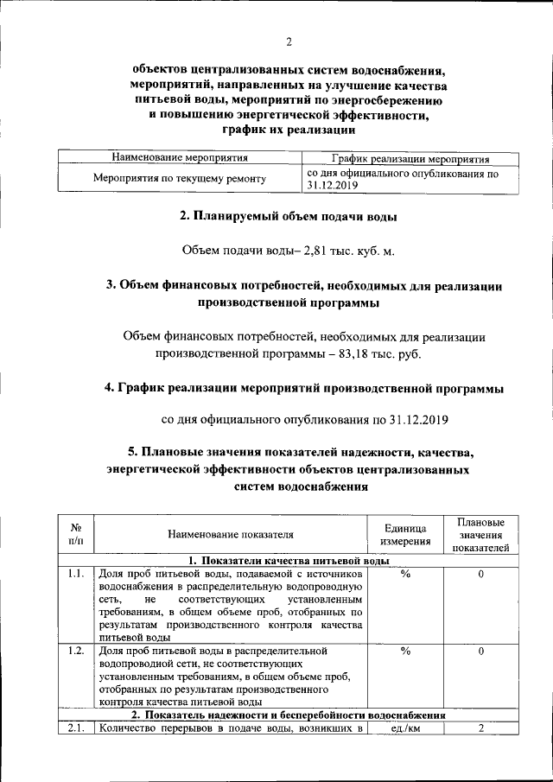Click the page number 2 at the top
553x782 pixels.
click(x=288, y=41)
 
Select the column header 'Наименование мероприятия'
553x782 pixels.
click(x=181, y=159)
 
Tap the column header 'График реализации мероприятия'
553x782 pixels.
click(x=410, y=159)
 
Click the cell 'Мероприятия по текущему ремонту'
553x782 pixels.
click(x=180, y=179)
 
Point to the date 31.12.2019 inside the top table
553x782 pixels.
click(x=333, y=186)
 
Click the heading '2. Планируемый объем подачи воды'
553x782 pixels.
click(x=288, y=215)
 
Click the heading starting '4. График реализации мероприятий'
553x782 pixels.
click(x=303, y=388)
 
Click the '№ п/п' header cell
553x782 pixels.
click(x=75, y=534)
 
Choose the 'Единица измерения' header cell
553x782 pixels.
click(x=404, y=534)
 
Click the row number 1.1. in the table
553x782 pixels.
click(x=75, y=574)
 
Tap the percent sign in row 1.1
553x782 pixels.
click(x=404, y=574)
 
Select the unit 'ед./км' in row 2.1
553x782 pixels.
click(x=404, y=728)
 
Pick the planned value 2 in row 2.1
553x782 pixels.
click(x=480, y=728)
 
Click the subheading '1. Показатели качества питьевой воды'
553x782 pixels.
click(x=288, y=560)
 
